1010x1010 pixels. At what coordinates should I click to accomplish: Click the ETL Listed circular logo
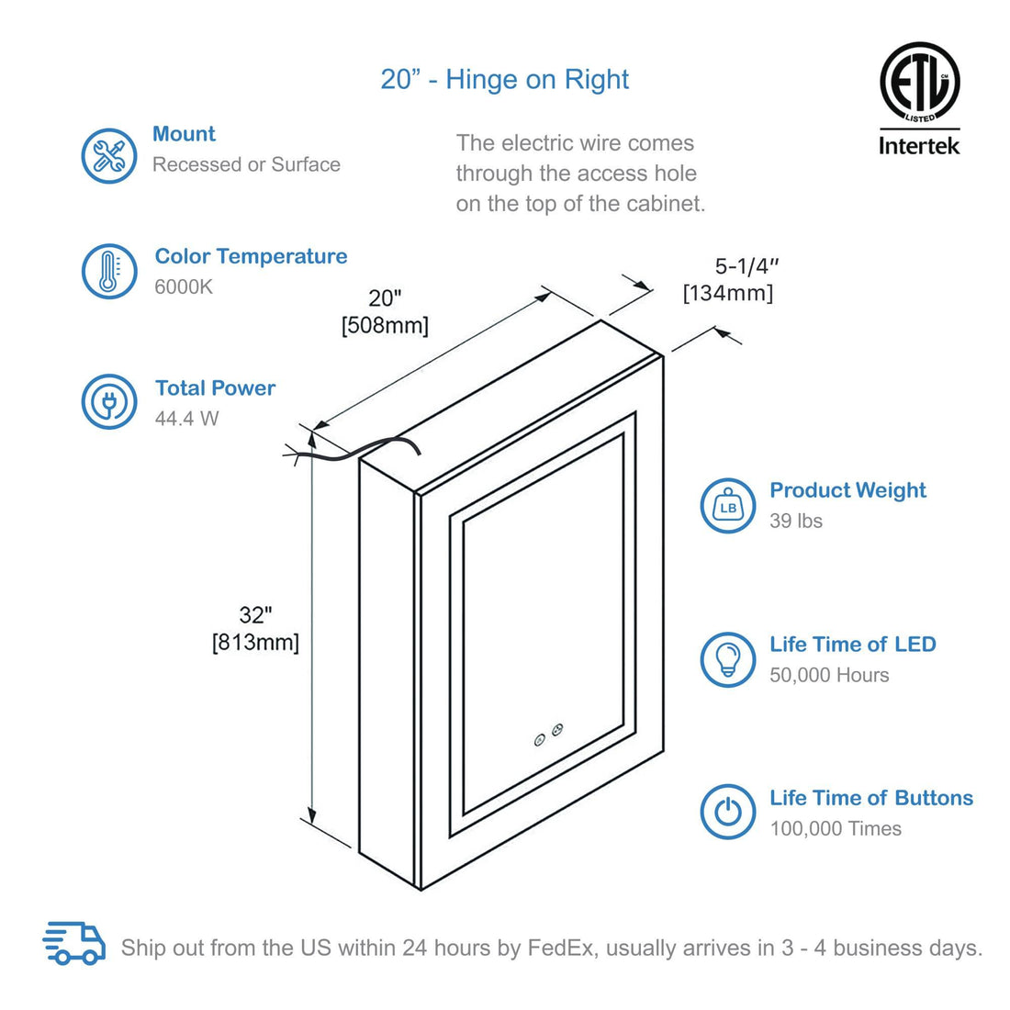(919, 82)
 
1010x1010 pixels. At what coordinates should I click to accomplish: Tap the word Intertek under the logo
(919, 145)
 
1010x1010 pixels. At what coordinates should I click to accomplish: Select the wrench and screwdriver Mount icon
(109, 155)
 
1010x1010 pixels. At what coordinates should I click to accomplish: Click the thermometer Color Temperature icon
(109, 271)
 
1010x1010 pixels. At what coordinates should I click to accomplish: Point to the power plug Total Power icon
(109, 401)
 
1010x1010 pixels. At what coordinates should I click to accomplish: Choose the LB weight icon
(728, 506)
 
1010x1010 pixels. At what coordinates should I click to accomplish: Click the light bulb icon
(728, 659)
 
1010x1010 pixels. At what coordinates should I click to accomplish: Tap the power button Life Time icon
(728, 812)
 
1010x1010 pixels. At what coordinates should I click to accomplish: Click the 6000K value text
(184, 286)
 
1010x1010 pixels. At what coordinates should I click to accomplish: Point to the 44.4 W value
(186, 419)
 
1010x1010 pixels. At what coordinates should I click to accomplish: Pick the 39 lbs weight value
(796, 521)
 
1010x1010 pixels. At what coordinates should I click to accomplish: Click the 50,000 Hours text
(829, 675)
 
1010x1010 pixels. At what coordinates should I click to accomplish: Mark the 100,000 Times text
(836, 828)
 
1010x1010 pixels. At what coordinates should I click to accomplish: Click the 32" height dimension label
(256, 615)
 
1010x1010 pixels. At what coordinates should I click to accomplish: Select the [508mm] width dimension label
(385, 325)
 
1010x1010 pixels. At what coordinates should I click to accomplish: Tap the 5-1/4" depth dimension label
(747, 266)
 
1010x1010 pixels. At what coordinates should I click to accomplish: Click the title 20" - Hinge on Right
(504, 80)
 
